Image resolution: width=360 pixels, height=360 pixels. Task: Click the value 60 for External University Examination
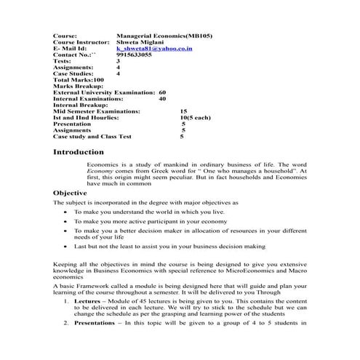(x=162, y=93)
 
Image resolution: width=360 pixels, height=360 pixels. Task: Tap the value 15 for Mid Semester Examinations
(x=183, y=111)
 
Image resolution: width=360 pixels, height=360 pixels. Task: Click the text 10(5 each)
(x=195, y=117)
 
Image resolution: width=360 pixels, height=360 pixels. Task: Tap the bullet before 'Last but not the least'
(x=67, y=247)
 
